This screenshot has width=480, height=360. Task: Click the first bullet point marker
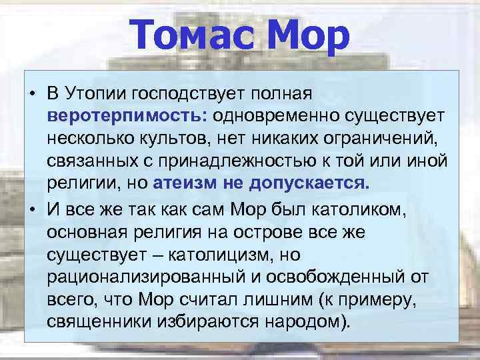coord(32,91)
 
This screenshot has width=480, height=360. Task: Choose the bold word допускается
coord(311,184)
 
